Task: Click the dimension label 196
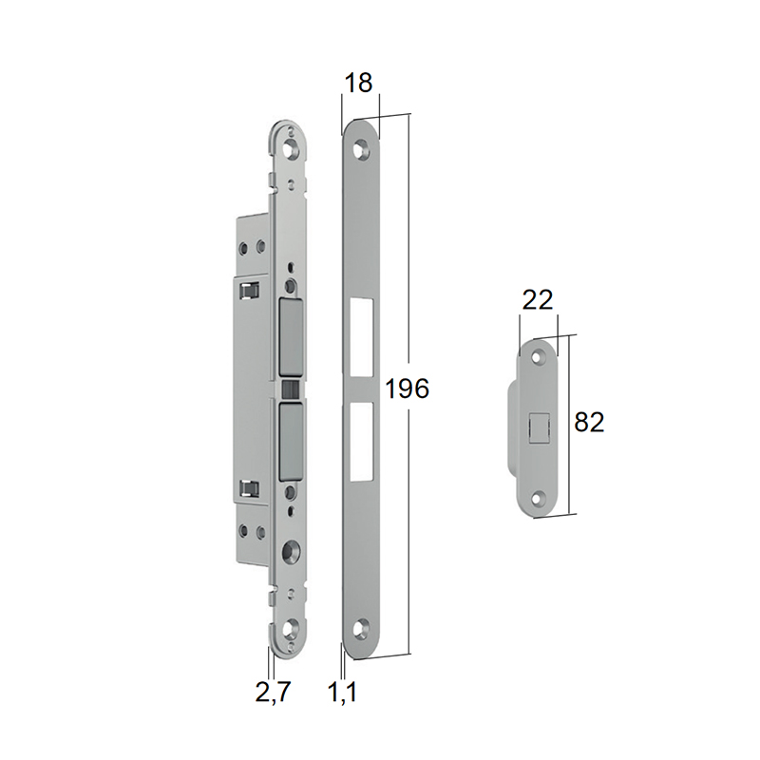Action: coord(408,389)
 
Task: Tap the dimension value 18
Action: coord(358,83)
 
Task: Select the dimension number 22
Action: coord(538,300)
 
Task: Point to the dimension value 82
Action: coord(589,422)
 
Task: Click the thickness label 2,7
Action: coord(273,692)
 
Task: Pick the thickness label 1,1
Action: coord(343,692)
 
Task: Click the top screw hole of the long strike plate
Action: coord(362,149)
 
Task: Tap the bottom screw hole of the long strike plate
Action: coord(361,629)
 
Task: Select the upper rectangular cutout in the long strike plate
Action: coord(362,338)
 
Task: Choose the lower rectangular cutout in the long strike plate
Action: coord(362,442)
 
